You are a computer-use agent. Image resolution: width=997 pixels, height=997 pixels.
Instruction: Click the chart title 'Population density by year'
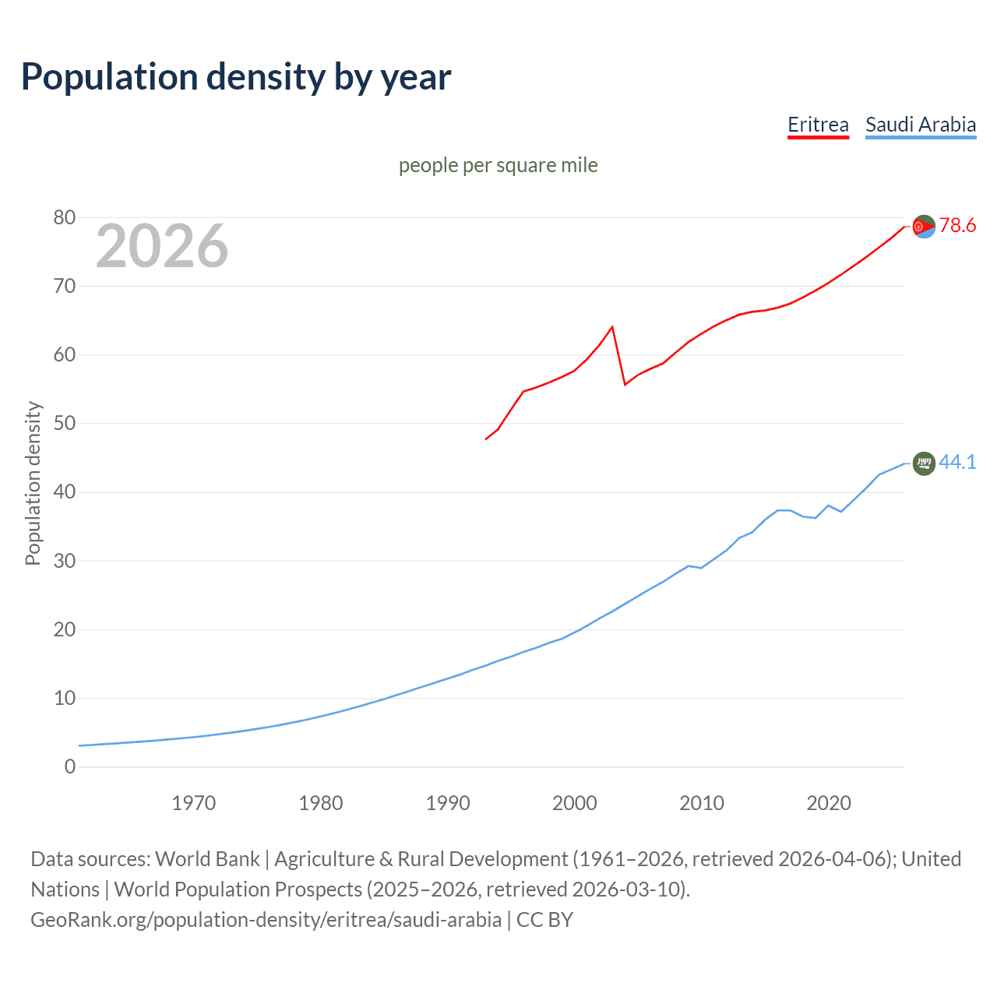coord(236,77)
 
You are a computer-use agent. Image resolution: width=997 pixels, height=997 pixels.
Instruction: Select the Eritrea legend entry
coord(818,125)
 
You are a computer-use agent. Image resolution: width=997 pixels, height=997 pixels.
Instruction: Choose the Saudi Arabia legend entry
coord(921,125)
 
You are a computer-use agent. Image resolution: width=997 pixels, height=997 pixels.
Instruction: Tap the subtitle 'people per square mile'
coord(498,166)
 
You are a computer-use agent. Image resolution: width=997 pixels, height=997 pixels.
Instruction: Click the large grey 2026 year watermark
coord(162,246)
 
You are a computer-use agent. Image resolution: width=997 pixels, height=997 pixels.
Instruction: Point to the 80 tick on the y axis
coord(65,218)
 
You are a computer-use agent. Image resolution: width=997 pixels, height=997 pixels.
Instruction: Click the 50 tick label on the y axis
coord(65,424)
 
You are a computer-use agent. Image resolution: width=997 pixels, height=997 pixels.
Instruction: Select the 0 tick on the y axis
coord(70,767)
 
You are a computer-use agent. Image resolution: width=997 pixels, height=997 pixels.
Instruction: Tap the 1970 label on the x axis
coord(194,803)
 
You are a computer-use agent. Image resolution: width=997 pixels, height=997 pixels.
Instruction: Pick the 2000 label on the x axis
coord(575,803)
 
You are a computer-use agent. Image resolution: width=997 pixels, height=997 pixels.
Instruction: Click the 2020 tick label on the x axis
coord(829,803)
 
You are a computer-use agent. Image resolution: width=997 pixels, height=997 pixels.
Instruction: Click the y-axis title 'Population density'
coord(33,483)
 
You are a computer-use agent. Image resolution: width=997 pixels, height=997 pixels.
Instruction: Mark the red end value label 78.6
coord(957,226)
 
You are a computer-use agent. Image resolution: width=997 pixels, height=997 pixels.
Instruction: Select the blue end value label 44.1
coord(957,463)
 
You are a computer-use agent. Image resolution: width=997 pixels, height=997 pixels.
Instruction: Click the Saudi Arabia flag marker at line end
coord(924,463)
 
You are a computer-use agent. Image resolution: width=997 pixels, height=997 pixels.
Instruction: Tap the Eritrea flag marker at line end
coord(924,227)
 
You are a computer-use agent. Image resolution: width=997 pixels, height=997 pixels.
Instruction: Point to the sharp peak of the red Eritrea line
coord(612,327)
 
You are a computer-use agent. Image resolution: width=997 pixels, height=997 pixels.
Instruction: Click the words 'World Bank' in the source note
coord(207,859)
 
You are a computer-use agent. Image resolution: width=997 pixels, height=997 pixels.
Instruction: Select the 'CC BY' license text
coord(544,920)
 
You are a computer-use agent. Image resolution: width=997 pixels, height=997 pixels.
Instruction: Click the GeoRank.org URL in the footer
coord(266,920)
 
